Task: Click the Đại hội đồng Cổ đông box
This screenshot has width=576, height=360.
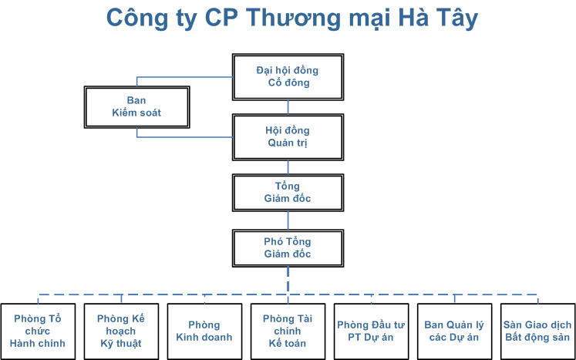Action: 288,77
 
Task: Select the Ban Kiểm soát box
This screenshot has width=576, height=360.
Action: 137,107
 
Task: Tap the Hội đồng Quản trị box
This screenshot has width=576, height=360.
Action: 288,137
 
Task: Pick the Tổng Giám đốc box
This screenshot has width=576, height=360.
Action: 288,193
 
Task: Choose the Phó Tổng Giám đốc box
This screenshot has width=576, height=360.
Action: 288,248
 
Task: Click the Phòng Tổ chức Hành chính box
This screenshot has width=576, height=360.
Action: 38,331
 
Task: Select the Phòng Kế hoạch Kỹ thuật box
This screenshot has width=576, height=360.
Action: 121,331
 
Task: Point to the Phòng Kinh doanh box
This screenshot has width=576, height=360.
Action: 204,331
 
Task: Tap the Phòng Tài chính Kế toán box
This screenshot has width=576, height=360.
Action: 288,331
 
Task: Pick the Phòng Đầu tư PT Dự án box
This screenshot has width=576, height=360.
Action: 372,331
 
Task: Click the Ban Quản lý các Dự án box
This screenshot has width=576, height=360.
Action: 455,331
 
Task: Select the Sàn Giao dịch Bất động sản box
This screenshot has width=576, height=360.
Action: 537,331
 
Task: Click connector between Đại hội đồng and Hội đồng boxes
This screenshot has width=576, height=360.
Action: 288,107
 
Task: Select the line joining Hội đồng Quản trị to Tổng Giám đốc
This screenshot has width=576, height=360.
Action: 288,167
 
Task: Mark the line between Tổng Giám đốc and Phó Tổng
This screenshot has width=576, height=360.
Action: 288,220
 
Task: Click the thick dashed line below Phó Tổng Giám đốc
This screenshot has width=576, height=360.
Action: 288,281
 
